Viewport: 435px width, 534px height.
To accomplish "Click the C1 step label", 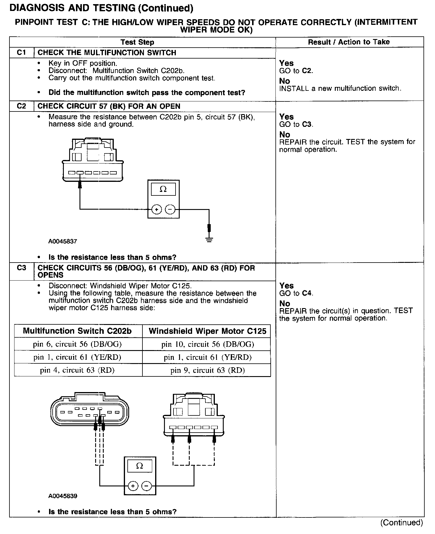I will click(x=22, y=53).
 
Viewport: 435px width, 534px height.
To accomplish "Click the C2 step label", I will click(x=22, y=106).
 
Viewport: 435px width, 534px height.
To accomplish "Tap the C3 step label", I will click(x=22, y=268).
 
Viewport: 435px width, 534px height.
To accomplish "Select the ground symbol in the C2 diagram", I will click(x=209, y=240).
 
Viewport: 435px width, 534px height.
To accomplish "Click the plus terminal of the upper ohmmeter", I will click(x=156, y=210).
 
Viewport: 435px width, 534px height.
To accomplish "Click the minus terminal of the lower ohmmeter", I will click(x=146, y=486).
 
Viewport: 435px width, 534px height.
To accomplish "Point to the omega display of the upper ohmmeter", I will click(x=163, y=189).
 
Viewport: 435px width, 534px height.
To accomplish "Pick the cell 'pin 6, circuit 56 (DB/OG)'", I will click(x=77, y=344).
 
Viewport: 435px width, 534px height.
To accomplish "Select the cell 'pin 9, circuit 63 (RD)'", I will click(x=207, y=370).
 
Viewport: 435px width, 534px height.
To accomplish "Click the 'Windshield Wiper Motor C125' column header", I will click(x=207, y=331).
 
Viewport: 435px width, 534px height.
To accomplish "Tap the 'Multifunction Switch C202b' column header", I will click(x=77, y=331).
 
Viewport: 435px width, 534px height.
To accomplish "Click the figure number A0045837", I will click(x=63, y=241).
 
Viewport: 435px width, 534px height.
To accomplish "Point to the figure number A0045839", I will click(x=63, y=496).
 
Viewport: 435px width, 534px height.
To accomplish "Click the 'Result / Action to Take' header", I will click(x=349, y=42).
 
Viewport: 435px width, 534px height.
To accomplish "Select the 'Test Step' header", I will click(x=137, y=42).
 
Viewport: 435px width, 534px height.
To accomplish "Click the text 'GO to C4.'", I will click(x=296, y=293).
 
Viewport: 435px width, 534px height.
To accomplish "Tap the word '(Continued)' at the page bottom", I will click(x=402, y=522).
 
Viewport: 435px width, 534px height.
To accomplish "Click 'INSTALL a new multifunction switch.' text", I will click(x=340, y=88).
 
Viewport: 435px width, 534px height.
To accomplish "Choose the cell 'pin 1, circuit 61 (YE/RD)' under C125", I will click(x=207, y=357).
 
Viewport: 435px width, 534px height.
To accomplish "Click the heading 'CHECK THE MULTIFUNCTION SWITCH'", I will click(x=107, y=53).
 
